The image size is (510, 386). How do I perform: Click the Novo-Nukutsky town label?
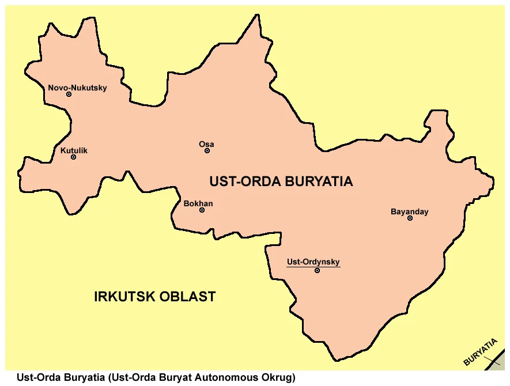pos(77,88)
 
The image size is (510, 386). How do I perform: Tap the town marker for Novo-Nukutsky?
pos(69,94)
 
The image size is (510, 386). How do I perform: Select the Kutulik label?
pos(74,150)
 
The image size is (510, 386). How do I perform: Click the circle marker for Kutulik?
pos(73,157)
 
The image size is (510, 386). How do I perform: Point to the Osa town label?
pos(206,144)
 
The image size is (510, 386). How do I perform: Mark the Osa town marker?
pos(207,151)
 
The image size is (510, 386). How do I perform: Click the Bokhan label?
pos(198,203)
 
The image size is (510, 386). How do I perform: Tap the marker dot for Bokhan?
pos(202,210)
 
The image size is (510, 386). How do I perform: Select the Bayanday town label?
pos(409,211)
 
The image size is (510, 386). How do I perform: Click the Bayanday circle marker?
pos(410,218)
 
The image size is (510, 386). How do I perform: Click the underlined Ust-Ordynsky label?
pos(313,262)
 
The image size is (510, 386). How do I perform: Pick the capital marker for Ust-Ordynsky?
pos(317,270)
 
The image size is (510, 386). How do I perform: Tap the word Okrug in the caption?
pos(278,378)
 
